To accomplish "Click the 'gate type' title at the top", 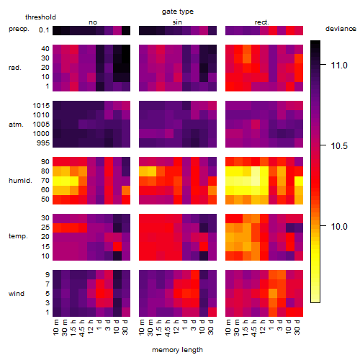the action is coord(178,12).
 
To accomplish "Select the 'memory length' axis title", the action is coord(177,350).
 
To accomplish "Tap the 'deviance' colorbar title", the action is coord(341,29).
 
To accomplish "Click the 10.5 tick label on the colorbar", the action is coord(339,145).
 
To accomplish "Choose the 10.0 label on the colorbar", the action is coord(339,226).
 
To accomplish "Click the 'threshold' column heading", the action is coord(40,17).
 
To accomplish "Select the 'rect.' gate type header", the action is coord(261,22).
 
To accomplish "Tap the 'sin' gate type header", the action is coord(177,22).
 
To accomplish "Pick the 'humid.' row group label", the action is coord(20,181).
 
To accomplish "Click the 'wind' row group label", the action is coord(17,294).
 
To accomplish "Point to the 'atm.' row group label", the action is coord(16,125).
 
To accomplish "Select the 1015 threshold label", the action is coord(41,105).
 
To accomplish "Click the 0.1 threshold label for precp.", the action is coord(44,30).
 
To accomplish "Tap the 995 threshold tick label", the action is coord(43,143).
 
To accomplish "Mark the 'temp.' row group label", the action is coord(18,236).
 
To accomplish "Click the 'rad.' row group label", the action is coord(15,68).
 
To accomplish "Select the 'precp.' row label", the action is coord(19,29).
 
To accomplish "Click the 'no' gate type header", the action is coord(93,22).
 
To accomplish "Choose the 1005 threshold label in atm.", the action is coord(41,125).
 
